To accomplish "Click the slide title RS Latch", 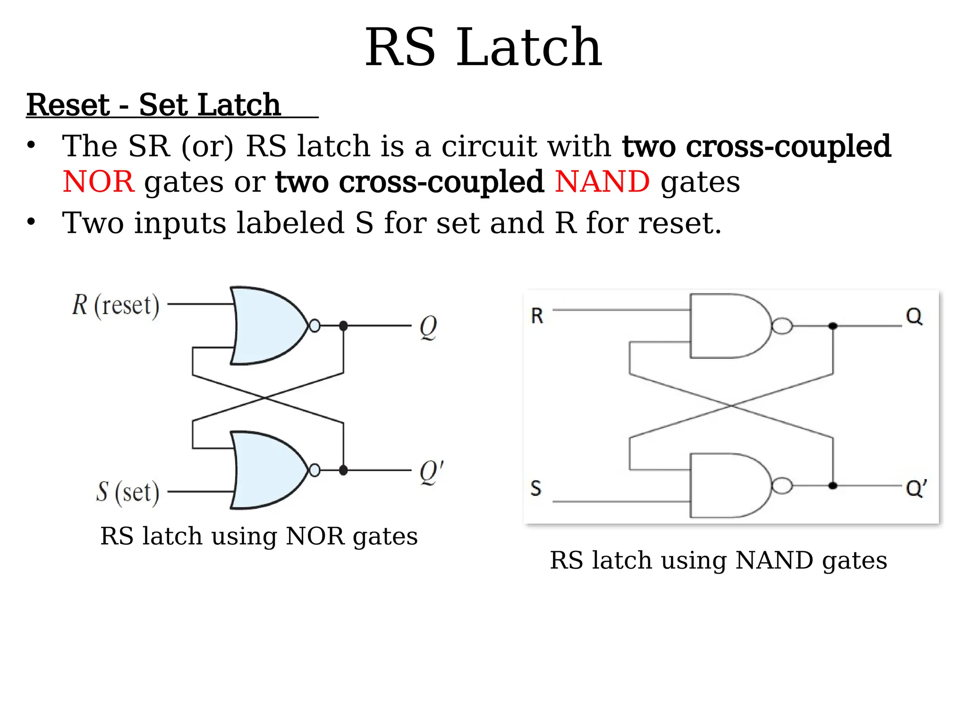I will pyautogui.click(x=483, y=47).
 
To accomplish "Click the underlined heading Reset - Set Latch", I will pyautogui.click(x=153, y=105).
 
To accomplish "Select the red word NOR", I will pyautogui.click(x=98, y=182).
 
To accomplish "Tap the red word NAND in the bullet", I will pyautogui.click(x=602, y=182).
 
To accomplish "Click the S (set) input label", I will pyautogui.click(x=127, y=492).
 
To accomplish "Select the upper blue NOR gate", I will pyautogui.click(x=267, y=326).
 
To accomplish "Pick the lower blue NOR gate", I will pyautogui.click(x=267, y=470).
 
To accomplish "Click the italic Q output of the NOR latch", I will pyautogui.click(x=428, y=327).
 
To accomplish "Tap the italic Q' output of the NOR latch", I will pyautogui.click(x=431, y=472).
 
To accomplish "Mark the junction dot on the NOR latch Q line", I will pyautogui.click(x=343, y=326).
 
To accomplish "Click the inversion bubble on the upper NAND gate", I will pyautogui.click(x=782, y=326).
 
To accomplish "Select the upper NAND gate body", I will pyautogui.click(x=727, y=326).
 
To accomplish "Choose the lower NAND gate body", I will pyautogui.click(x=727, y=485).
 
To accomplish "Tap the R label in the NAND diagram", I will pyautogui.click(x=537, y=316).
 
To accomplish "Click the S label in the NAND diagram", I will pyautogui.click(x=535, y=488).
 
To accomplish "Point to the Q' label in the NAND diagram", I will pyautogui.click(x=916, y=488).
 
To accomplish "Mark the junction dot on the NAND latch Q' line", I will pyautogui.click(x=833, y=486).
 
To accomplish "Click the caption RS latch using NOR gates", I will pyautogui.click(x=259, y=536).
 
